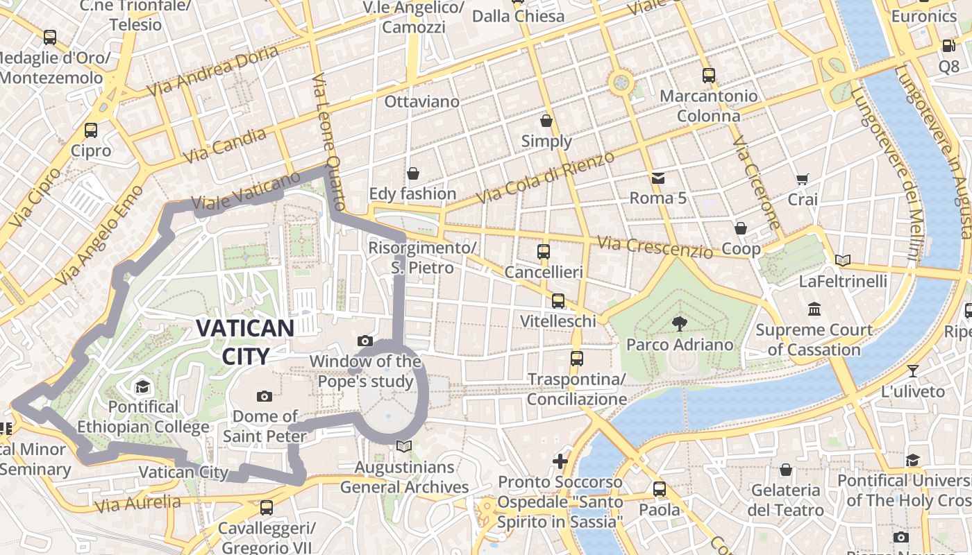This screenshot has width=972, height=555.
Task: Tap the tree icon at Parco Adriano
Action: (x=679, y=323)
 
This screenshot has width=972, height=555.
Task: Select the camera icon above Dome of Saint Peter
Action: (x=264, y=396)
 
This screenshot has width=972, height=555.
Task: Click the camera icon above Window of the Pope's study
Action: (x=365, y=341)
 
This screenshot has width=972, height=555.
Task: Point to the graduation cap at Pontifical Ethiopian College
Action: (x=142, y=386)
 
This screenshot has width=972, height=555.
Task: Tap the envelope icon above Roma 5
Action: (x=657, y=178)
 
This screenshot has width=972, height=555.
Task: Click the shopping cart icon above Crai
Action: (x=803, y=179)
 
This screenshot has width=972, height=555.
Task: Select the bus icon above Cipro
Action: (x=91, y=130)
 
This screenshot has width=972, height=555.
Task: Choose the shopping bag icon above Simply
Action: (x=546, y=121)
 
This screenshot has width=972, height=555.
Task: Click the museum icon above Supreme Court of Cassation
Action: (x=814, y=309)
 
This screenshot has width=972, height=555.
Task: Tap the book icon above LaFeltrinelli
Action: (x=843, y=261)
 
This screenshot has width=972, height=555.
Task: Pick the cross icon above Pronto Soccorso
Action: (x=560, y=461)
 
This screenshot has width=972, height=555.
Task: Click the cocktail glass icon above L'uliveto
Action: (x=913, y=371)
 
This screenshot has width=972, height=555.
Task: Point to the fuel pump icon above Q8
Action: (x=948, y=46)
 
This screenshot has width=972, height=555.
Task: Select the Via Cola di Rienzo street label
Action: (x=546, y=178)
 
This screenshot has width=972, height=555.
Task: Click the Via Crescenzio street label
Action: (x=655, y=247)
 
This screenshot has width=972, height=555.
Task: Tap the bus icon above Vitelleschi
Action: (x=558, y=300)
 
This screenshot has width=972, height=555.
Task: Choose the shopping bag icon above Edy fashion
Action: (x=413, y=173)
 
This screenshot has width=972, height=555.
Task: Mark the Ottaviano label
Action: (x=422, y=102)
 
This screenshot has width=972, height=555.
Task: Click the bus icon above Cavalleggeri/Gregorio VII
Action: (x=267, y=508)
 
